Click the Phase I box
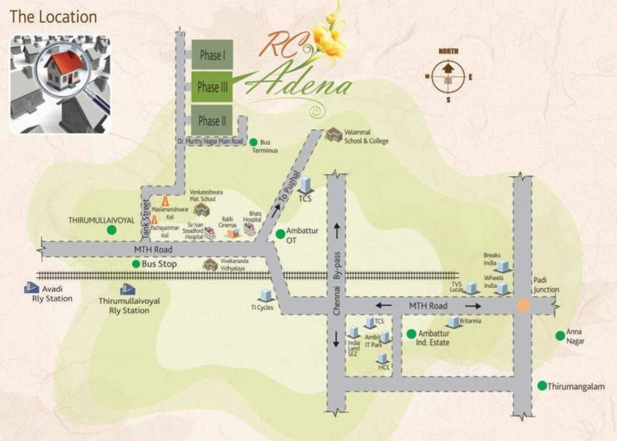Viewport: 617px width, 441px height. [x=212, y=55]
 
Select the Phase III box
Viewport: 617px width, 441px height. [x=212, y=87]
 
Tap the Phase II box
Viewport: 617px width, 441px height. [x=212, y=121]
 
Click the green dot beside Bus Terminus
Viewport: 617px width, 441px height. [x=253, y=142]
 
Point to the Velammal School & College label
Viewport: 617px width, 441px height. [x=366, y=137]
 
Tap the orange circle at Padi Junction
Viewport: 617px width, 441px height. [x=523, y=305]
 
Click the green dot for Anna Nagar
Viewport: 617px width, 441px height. [x=560, y=336]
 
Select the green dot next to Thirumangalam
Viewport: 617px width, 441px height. [x=542, y=385]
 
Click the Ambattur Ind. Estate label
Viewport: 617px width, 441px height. [x=434, y=338]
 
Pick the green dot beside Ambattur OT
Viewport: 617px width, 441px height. [x=280, y=234]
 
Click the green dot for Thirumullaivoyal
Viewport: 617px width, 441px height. [x=111, y=230]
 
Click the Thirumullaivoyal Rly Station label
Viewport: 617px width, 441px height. [x=129, y=305]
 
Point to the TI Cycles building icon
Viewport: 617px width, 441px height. [x=265, y=296]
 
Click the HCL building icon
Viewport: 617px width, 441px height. [x=382, y=358]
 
